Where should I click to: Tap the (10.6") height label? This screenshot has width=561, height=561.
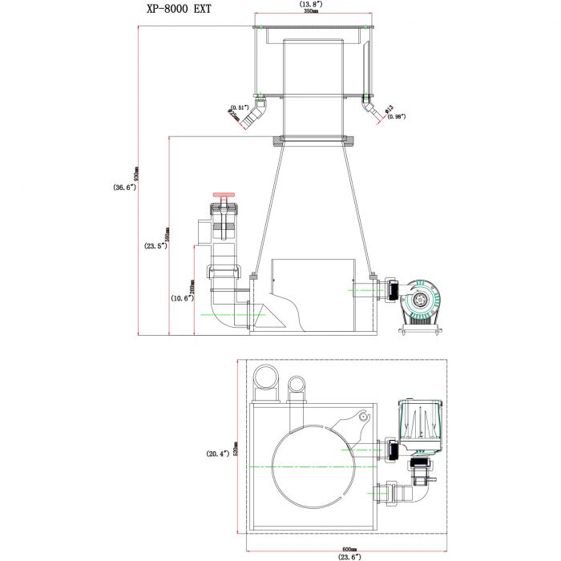coord(181,298)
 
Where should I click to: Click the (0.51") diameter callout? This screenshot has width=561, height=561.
coord(240,107)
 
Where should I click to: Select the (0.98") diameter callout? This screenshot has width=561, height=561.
coord(396,116)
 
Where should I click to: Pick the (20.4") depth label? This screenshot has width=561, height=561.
coord(218,454)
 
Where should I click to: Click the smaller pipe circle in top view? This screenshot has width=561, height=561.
coord(297,388)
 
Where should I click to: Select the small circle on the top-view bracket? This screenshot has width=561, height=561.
coord(363,417)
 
